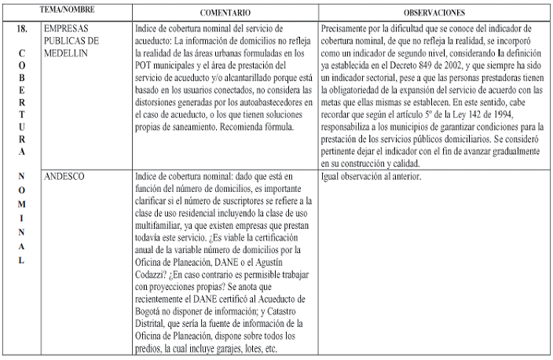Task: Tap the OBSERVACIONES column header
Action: (x=434, y=13)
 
